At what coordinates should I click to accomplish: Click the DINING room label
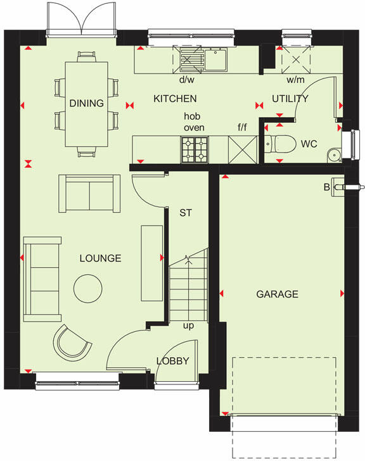click(x=86, y=103)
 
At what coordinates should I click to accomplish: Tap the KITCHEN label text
click(x=176, y=99)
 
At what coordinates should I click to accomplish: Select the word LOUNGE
click(x=100, y=258)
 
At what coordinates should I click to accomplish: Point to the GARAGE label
click(x=277, y=294)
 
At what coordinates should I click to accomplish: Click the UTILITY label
click(x=290, y=99)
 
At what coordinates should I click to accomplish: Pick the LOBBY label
click(x=172, y=361)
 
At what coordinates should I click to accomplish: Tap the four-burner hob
click(x=195, y=149)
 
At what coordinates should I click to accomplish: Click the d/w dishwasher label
click(x=186, y=80)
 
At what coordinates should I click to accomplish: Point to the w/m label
click(x=295, y=80)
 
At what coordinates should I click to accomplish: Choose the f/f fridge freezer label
click(x=242, y=128)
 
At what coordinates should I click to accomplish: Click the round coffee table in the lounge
click(x=87, y=288)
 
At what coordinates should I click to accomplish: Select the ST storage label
click(x=185, y=213)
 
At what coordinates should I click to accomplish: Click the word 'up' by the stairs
click(x=188, y=326)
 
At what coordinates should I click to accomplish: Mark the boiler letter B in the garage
click(x=327, y=187)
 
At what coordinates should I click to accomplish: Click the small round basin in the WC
click(x=333, y=155)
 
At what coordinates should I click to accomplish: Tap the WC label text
click(x=309, y=144)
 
